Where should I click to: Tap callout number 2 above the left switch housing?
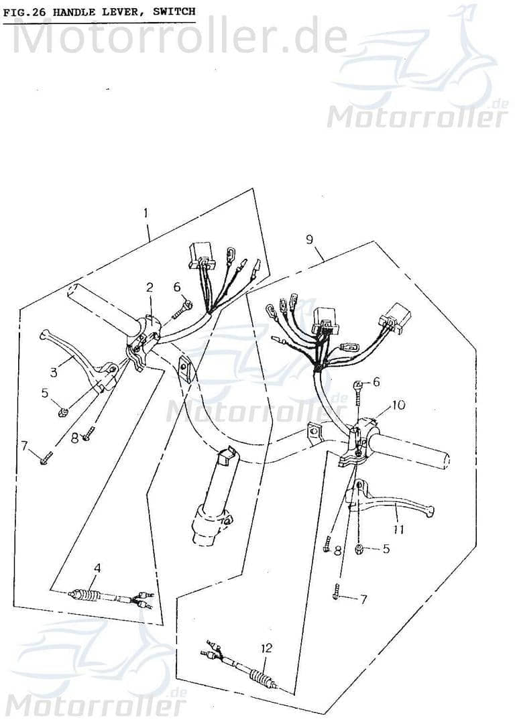(150, 288)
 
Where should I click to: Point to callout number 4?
(97, 568)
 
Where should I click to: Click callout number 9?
(309, 239)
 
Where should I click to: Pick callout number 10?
(398, 405)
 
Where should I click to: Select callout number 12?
(267, 648)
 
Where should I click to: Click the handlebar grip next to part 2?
(101, 308)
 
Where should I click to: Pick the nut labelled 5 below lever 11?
(359, 549)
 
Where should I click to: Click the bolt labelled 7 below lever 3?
(44, 460)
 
